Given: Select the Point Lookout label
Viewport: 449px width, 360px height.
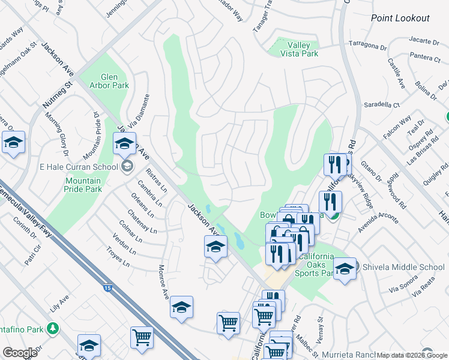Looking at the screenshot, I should point(400,18).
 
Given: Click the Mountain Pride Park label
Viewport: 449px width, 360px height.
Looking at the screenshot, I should point(83,185).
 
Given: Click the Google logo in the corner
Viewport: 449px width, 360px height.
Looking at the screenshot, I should point(20,353).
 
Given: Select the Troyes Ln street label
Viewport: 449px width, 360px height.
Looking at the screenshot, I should point(118,256).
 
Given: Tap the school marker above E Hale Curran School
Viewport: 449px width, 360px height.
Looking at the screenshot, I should point(125,145).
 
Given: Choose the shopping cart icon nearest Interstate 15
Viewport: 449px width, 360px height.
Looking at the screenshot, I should point(142,337).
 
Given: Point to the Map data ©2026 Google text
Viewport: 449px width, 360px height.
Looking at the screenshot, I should point(412,355).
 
